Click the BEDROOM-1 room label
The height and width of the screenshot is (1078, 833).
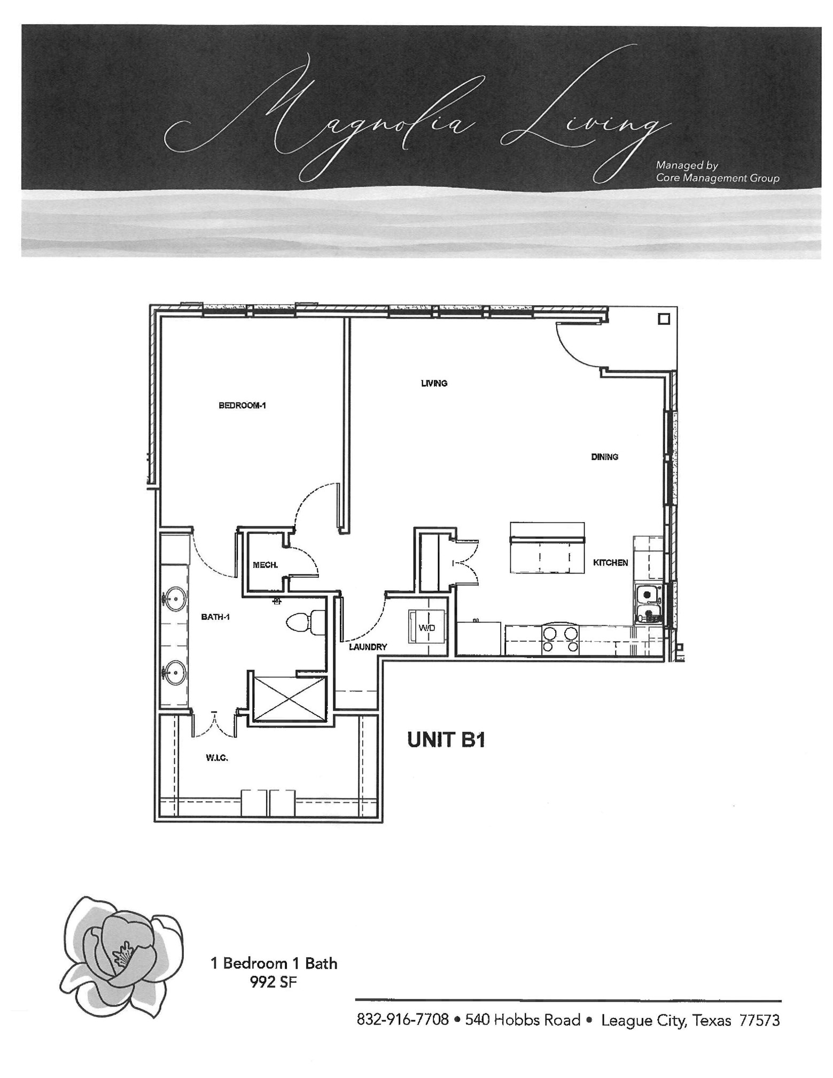coord(242,405)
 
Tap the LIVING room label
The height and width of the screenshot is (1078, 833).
coord(434,383)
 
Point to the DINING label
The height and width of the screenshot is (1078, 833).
coord(604,456)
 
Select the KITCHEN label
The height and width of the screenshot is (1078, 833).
coord(610,562)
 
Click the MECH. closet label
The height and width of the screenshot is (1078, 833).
coord(265,564)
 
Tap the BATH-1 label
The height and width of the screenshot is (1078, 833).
coord(215,617)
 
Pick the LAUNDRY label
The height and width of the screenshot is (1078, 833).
coord(368,647)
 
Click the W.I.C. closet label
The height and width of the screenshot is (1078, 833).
coord(217,757)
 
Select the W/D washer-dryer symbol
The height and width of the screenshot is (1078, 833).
coord(427,627)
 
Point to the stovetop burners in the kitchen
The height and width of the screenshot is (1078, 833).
coord(560,640)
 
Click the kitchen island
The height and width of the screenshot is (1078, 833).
coord(547,548)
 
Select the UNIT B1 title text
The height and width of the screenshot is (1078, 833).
coord(446,740)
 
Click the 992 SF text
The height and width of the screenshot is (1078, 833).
coord(273,981)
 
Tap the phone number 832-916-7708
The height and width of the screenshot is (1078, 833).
coord(402,1020)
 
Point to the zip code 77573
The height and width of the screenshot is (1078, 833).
coord(759,1020)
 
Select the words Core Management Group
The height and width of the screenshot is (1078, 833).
coord(718,178)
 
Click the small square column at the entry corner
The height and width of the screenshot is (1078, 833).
coord(664,319)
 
